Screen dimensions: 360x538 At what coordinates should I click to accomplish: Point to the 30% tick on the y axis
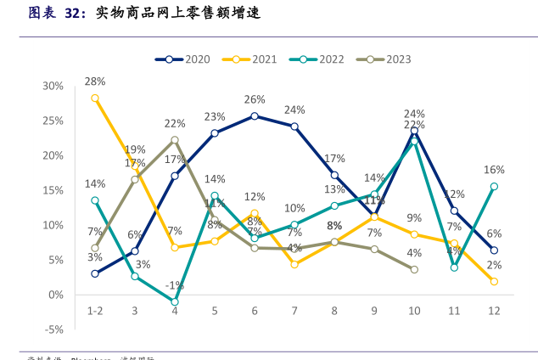click(x=53, y=87)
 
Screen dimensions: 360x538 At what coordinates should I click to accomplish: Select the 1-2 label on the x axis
click(x=95, y=312)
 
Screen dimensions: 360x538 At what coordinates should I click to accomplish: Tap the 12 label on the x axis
click(x=494, y=312)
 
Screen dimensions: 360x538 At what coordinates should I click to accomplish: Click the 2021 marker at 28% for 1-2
click(x=95, y=98)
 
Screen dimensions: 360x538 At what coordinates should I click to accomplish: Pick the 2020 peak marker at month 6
click(x=255, y=115)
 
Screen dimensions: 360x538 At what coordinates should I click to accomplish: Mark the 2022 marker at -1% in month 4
click(x=175, y=301)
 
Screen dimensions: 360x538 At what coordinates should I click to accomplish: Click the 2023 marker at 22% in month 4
click(x=175, y=140)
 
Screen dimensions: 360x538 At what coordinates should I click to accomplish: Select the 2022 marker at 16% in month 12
click(x=494, y=186)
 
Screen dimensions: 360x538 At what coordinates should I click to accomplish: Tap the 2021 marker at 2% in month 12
click(x=494, y=281)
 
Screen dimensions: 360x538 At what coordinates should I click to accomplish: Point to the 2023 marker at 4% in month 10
click(x=414, y=269)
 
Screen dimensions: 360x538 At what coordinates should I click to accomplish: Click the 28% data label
click(x=95, y=82)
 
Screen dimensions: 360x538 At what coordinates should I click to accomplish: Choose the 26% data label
click(x=255, y=99)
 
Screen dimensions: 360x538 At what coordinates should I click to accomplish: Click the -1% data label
click(x=175, y=285)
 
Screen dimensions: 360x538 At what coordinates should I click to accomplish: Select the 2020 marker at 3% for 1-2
click(x=95, y=273)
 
